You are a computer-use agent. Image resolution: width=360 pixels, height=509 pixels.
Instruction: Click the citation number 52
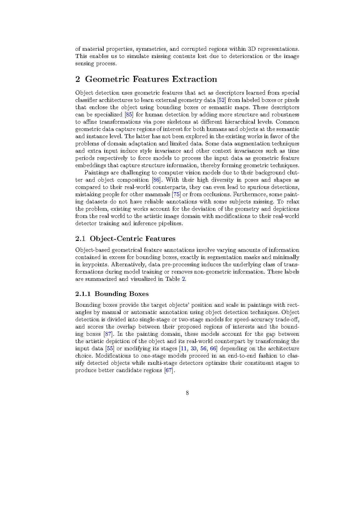click(x=222, y=100)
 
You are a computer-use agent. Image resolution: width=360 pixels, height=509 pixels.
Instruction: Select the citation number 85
click(x=129, y=115)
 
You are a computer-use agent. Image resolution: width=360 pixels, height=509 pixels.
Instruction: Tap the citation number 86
click(x=156, y=180)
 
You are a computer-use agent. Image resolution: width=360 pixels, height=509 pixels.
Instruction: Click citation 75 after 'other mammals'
click(x=176, y=194)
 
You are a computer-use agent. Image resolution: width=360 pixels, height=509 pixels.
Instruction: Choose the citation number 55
click(x=110, y=349)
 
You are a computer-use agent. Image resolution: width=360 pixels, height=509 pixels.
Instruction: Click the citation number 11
click(x=184, y=349)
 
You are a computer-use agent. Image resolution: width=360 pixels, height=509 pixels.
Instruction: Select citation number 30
click(x=193, y=349)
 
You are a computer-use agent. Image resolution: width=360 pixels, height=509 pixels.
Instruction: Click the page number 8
click(x=187, y=393)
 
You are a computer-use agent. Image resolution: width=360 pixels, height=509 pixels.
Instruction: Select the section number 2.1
click(x=80, y=239)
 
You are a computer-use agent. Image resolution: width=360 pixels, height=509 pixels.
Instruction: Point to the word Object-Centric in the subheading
click(x=116, y=239)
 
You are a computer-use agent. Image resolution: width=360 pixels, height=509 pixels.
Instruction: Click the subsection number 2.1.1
click(x=83, y=294)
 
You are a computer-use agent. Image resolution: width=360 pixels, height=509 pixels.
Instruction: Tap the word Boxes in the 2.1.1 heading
click(x=138, y=294)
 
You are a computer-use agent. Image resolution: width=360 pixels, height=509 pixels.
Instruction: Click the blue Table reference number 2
click(x=183, y=279)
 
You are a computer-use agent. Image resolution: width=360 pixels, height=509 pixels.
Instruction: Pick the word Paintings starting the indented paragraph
click(x=97, y=173)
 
